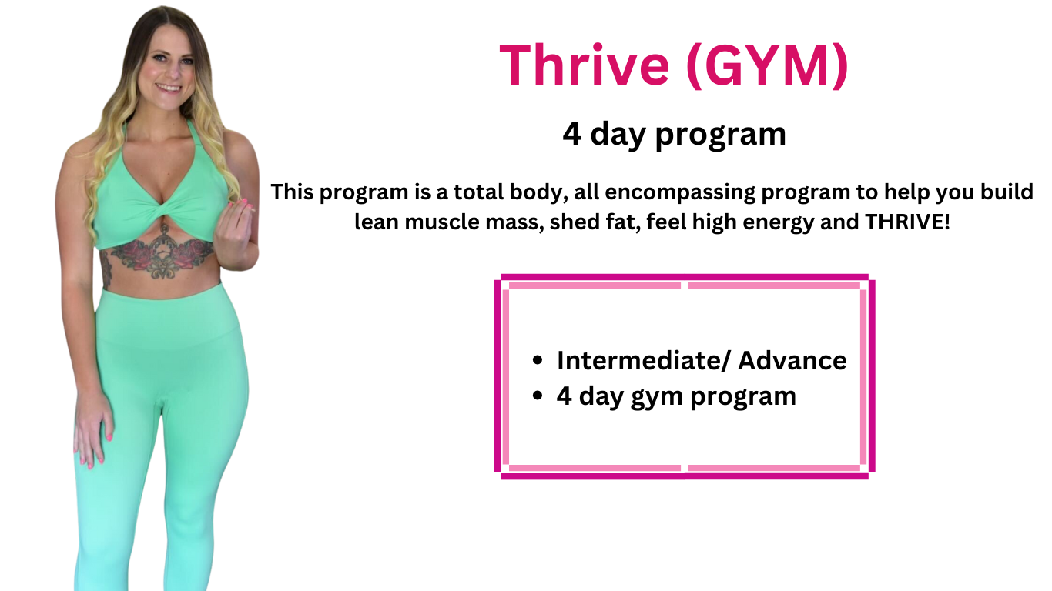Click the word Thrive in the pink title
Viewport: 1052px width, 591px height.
click(x=585, y=65)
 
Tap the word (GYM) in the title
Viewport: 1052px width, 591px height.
click(x=767, y=65)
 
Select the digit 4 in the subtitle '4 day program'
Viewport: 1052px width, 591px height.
click(x=571, y=134)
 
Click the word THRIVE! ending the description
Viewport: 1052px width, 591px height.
click(x=907, y=222)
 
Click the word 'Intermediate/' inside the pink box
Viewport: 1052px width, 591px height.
click(x=644, y=360)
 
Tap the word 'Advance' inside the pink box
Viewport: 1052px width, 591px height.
click(x=792, y=360)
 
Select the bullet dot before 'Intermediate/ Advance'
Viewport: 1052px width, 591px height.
click(x=538, y=360)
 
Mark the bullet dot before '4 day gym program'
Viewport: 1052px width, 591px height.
click(x=538, y=396)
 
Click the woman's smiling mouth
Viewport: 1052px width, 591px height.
click(x=168, y=88)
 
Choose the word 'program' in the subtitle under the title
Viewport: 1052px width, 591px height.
click(x=720, y=136)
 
